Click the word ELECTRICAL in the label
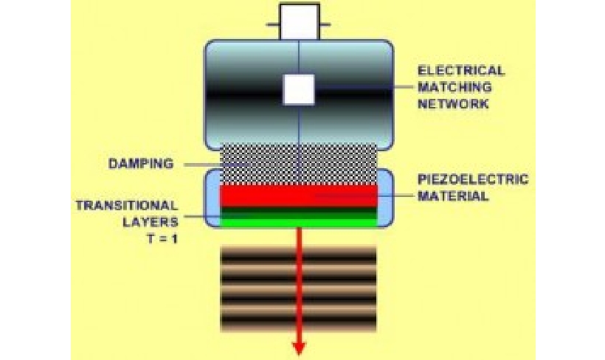pos(461,72)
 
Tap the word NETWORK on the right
pos(453,104)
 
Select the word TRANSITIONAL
pos(126,204)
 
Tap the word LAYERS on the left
pos(151,220)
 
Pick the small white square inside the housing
pos(299,89)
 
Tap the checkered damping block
pos(299,163)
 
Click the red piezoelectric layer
pos(299,195)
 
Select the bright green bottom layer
pos(299,221)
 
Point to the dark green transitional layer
pos(299,211)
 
